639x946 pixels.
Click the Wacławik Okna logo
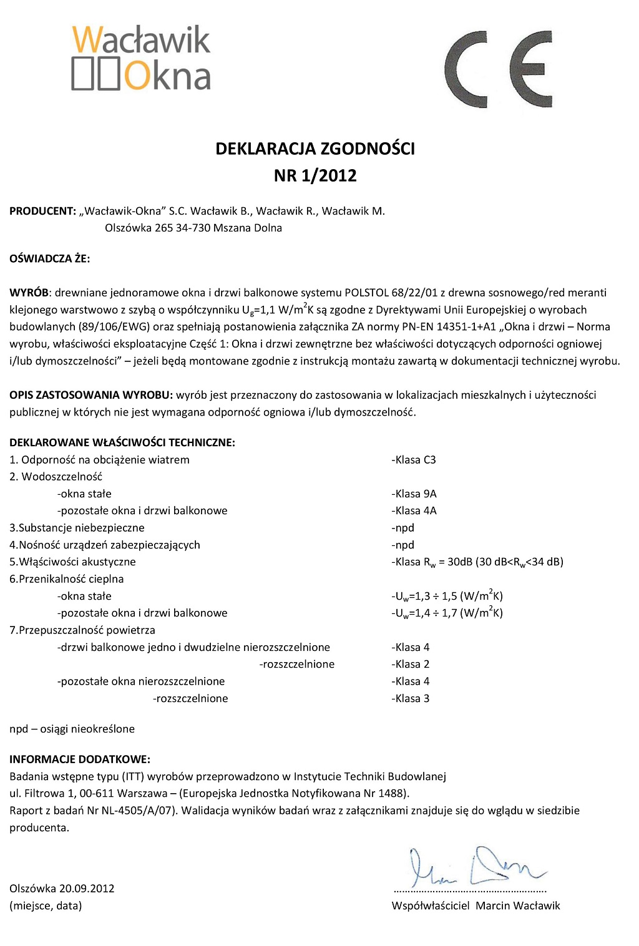tap(141, 59)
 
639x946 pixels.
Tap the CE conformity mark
tap(498, 69)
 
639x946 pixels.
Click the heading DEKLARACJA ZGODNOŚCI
tap(315, 149)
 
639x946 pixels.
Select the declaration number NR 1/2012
tap(315, 175)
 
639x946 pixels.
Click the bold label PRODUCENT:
tap(42, 211)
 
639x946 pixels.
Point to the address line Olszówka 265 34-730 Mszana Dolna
tap(193, 228)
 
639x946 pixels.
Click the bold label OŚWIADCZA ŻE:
tap(50, 258)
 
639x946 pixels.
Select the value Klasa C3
tap(414, 460)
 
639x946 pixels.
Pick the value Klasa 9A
tap(414, 494)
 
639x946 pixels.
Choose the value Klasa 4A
tap(414, 510)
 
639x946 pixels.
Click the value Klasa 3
tap(411, 698)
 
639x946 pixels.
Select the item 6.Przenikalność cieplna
tap(67, 579)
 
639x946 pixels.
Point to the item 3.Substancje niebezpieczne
tap(77, 528)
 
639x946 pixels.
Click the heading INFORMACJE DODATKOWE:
tap(80, 759)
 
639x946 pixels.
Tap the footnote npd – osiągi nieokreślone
tap(72, 729)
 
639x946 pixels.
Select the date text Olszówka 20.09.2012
tap(62, 889)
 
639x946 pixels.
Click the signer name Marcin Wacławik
tap(518, 905)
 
